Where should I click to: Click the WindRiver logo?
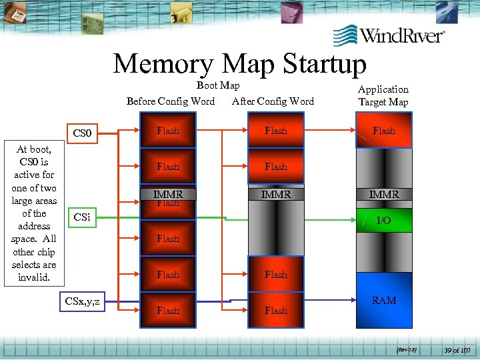point(389,35)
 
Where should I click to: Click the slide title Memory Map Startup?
point(240,64)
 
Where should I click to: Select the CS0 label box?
point(82,133)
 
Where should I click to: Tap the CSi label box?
point(82,217)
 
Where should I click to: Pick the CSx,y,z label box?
point(83,302)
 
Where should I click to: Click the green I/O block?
point(383,219)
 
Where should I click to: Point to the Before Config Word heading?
point(171,101)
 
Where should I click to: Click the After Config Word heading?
point(273,101)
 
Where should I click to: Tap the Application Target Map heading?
point(383,95)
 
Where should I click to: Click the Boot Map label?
point(218,85)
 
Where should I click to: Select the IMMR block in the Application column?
point(383,195)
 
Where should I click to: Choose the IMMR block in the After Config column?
point(275,195)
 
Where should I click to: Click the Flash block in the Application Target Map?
point(383,131)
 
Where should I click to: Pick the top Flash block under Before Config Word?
point(168,131)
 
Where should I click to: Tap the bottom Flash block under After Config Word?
point(275,310)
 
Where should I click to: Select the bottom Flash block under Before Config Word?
point(168,310)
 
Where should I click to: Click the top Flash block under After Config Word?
point(275,131)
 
